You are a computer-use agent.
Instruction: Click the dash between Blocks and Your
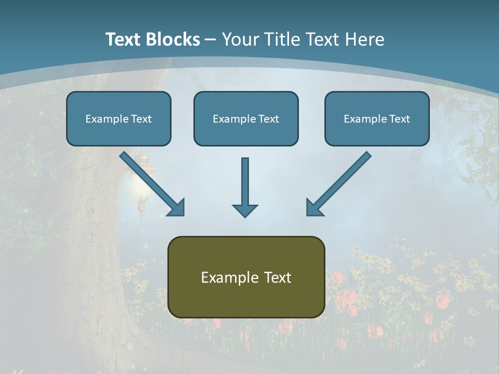211,39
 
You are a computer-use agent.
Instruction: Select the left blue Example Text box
119,118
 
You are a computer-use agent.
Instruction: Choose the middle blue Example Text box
246,118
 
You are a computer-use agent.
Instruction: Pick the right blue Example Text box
377,118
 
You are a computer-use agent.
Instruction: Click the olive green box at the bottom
246,277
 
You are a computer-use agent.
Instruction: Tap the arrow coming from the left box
151,183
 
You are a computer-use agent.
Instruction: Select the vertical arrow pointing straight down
245,184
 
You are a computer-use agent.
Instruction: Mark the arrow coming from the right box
339,183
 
